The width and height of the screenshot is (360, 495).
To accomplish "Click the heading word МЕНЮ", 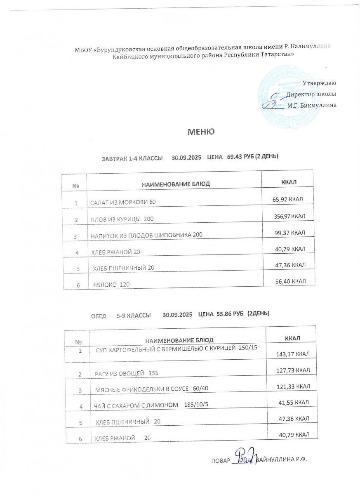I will (x=201, y=132).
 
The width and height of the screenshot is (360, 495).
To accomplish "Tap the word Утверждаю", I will (x=320, y=83).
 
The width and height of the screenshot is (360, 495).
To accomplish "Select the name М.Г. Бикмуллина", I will (x=311, y=105).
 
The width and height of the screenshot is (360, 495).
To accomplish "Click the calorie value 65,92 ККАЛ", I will (x=288, y=200).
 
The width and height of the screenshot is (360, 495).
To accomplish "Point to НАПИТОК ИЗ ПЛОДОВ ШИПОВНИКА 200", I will (x=146, y=235).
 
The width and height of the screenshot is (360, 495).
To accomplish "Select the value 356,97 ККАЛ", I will (x=289, y=216).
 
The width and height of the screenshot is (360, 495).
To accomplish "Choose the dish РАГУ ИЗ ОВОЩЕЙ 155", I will (x=127, y=373).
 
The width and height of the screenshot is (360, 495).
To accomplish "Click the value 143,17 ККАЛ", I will (x=292, y=354).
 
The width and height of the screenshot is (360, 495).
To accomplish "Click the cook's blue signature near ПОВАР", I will (x=246, y=456).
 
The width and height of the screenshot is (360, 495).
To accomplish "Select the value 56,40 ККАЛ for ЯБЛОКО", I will (x=290, y=281).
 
